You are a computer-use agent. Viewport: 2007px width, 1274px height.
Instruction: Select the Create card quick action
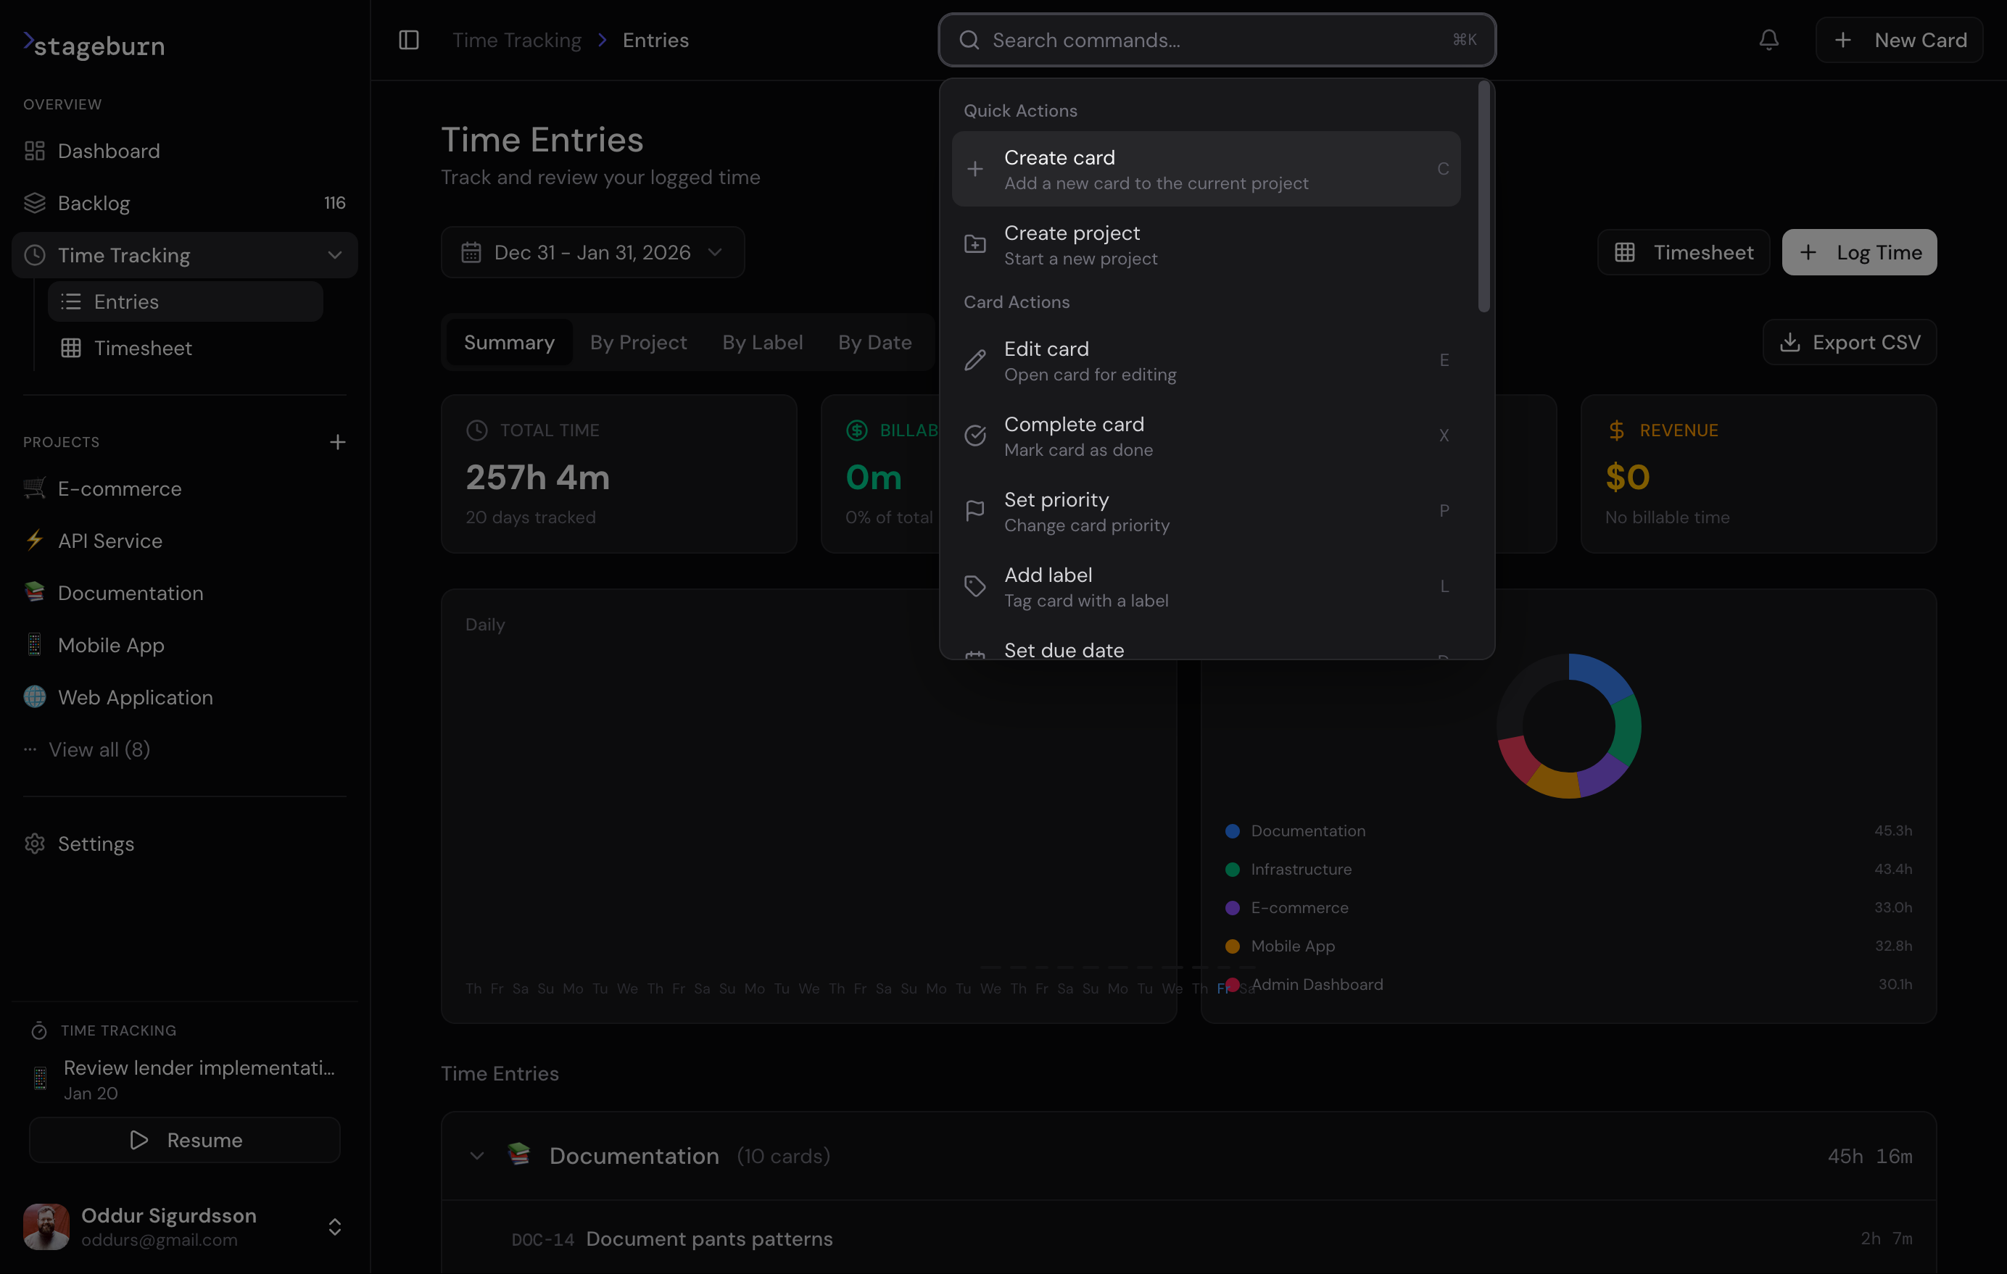[1205, 169]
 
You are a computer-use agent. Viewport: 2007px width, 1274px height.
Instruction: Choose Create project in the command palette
[1205, 245]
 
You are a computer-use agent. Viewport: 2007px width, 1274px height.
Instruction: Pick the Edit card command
[1205, 361]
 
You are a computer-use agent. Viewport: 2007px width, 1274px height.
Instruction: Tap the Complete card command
[1205, 436]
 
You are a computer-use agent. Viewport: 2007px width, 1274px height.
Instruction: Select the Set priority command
[1205, 512]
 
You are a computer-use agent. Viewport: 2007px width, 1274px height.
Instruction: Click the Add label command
[1205, 586]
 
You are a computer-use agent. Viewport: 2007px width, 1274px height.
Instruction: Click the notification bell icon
[1768, 40]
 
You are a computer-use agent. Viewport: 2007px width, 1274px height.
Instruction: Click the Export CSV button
[1849, 343]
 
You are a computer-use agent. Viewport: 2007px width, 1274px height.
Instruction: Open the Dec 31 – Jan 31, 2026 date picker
[592, 252]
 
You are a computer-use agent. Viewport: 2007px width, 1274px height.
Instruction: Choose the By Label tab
[762, 343]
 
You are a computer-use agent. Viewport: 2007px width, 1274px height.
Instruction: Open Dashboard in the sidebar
[108, 151]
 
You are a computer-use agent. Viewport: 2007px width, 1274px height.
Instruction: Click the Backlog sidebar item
[94, 204]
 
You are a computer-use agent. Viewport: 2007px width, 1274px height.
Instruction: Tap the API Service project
[109, 541]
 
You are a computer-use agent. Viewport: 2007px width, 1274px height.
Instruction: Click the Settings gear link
[95, 844]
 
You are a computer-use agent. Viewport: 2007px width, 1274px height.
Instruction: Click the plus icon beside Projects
[336, 441]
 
